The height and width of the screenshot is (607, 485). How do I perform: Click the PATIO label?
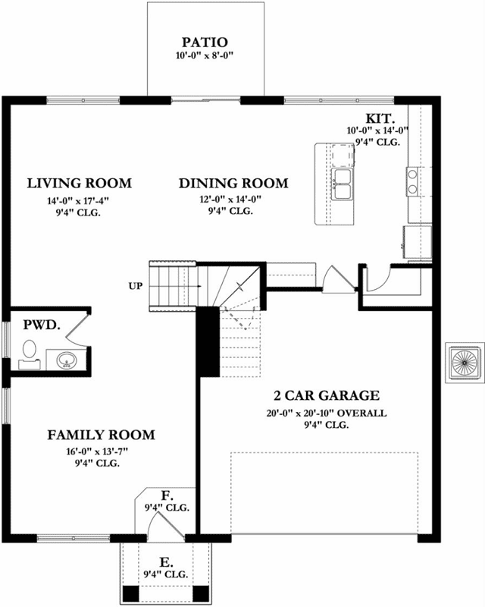(x=205, y=41)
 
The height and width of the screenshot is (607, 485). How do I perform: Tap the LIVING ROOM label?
(x=79, y=183)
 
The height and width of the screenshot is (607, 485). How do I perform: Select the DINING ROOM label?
(x=233, y=183)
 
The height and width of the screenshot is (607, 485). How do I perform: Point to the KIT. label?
(x=379, y=118)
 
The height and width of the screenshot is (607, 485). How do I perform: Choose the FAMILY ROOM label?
(x=101, y=435)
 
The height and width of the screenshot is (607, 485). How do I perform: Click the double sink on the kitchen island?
(x=342, y=183)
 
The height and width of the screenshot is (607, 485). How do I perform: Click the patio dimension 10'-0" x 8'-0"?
(x=205, y=56)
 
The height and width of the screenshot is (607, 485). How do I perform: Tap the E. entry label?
(x=166, y=562)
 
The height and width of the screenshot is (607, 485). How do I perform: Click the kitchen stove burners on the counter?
(x=413, y=181)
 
